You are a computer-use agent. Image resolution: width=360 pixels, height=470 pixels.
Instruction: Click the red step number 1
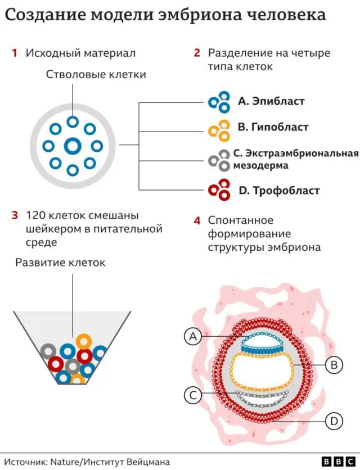14,53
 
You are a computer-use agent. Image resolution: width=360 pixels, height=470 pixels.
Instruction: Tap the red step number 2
197,53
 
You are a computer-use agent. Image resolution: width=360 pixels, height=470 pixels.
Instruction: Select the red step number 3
14,215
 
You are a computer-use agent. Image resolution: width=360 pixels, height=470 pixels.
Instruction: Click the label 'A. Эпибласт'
271,101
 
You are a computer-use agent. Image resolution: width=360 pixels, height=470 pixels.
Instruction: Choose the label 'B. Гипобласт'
273,128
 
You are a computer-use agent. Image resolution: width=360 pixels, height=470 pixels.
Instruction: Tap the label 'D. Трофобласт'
279,191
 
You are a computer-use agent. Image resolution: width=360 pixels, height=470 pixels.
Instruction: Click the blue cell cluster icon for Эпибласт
220,101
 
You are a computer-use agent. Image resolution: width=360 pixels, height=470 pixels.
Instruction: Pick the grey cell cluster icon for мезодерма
220,160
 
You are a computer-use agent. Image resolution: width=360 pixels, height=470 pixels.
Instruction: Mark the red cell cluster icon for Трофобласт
220,190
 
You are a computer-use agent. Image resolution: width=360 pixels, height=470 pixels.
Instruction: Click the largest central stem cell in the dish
73,146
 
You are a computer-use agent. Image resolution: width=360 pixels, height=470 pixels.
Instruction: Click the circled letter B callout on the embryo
334,365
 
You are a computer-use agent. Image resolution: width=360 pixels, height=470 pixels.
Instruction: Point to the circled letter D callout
334,420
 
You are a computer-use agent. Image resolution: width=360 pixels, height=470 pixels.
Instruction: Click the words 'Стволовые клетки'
96,75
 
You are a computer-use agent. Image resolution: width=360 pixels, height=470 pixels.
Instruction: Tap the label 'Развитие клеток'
60,263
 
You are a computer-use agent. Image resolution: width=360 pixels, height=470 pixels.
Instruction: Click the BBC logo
331,460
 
